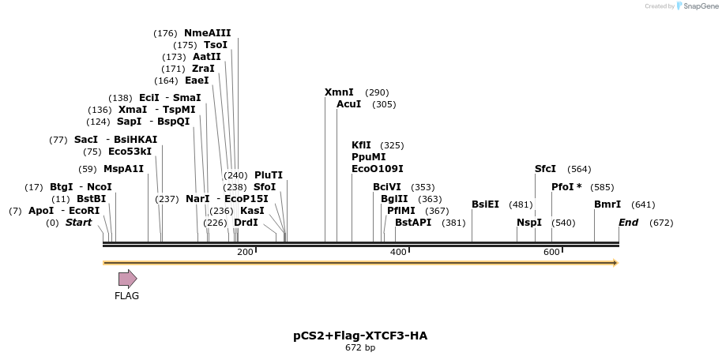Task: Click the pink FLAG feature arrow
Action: (127, 278)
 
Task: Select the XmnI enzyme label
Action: (339, 92)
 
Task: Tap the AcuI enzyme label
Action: (348, 104)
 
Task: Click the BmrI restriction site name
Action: (607, 204)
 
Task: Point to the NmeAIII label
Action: (207, 33)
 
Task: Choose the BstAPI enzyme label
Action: (413, 223)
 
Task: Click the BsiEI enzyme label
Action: (485, 204)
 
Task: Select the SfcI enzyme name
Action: (545, 169)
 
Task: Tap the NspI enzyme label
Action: (528, 223)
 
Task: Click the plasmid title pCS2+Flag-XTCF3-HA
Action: (360, 336)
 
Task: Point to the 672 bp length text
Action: (360, 347)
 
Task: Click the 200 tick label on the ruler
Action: (245, 252)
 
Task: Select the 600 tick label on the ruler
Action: (551, 252)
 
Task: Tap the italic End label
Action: (628, 223)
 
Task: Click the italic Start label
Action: (78, 223)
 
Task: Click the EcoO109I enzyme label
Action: (377, 169)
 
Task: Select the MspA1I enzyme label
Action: (124, 169)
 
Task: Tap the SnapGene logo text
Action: (698, 6)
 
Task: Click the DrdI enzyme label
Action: (246, 223)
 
